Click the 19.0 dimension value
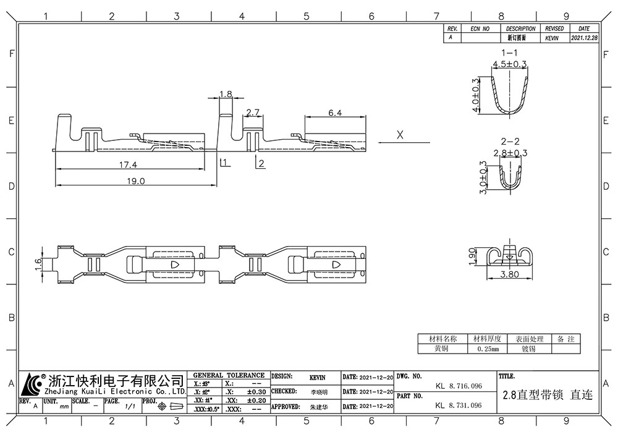135,181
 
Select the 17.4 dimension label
129,165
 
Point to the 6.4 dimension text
335,112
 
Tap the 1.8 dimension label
226,95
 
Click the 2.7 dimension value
253,112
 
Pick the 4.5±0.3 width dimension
509,64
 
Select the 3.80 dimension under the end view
509,275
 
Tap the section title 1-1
509,53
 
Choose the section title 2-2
509,141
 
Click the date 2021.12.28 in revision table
584,38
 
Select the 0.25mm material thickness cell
488,349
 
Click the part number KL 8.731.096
458,406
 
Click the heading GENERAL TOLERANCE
229,375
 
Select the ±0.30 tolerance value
256,392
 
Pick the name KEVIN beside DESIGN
317,376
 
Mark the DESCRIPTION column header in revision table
520,29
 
